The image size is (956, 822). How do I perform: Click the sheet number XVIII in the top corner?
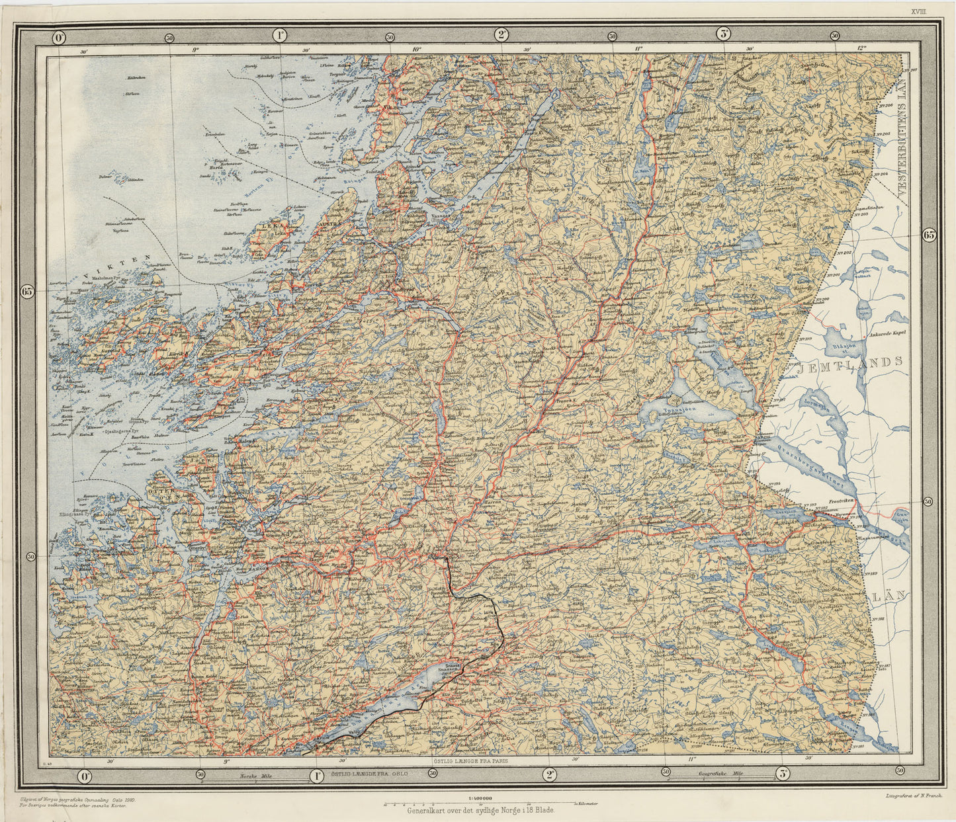click(936, 11)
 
